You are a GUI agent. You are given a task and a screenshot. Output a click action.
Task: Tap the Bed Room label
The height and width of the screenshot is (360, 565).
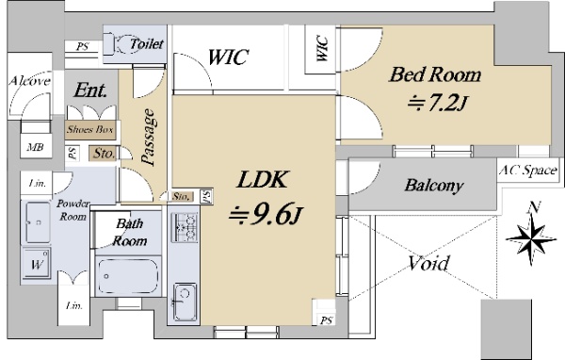435,75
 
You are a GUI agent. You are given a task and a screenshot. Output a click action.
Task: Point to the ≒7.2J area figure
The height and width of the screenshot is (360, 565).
438,104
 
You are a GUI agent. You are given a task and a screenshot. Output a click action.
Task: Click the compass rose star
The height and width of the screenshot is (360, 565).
531,239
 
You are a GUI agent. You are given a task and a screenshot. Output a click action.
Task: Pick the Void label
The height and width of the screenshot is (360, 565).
428,263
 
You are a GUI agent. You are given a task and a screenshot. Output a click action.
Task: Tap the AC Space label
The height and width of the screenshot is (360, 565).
528,170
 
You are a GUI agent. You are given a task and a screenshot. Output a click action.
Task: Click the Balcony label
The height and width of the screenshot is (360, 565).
434,186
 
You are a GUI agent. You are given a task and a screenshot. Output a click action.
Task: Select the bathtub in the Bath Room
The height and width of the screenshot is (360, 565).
128,276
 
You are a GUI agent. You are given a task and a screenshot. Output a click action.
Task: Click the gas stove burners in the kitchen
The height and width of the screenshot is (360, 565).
184,227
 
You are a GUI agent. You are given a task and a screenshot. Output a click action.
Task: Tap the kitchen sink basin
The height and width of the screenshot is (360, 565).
185,303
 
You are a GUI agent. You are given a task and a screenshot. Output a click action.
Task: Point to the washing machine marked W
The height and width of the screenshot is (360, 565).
37,264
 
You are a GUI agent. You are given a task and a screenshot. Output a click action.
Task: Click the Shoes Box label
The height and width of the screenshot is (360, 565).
90,129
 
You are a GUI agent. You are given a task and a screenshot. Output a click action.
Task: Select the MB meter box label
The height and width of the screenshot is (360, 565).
36,147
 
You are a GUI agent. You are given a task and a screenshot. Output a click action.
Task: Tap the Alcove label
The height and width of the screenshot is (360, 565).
29,81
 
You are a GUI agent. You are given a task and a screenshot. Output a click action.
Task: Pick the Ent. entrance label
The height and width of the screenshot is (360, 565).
90,90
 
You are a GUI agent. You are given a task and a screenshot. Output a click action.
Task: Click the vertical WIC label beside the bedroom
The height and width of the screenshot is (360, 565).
322,48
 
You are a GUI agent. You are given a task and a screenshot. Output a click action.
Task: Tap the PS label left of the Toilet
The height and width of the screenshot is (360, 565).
83,46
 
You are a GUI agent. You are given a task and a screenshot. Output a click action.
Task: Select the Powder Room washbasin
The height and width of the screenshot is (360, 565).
38,222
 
